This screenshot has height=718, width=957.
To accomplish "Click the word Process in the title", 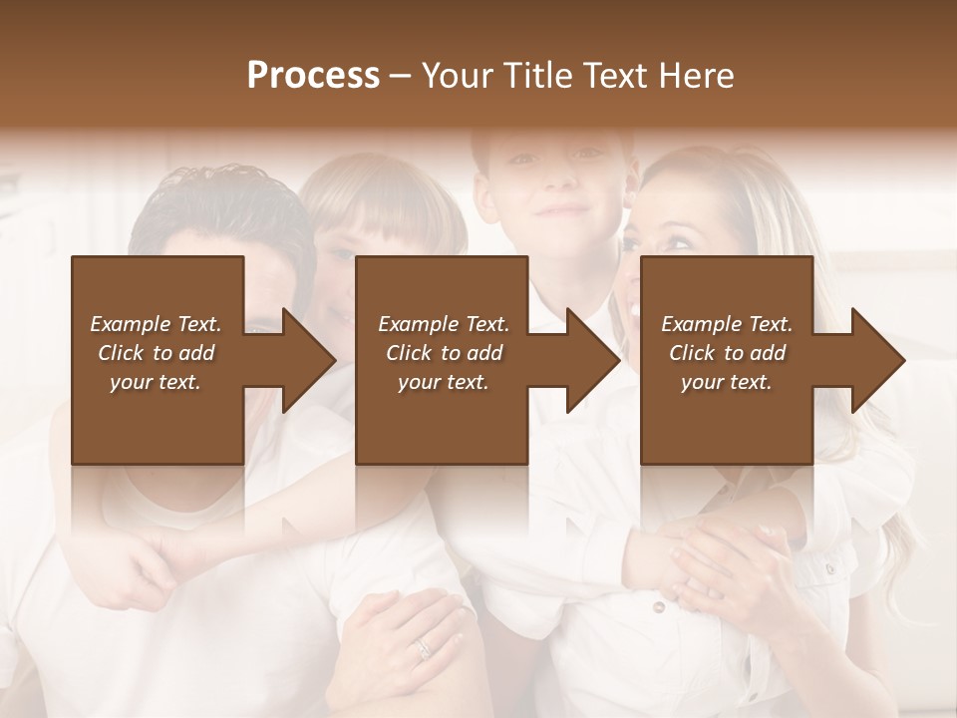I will pyautogui.click(x=313, y=76).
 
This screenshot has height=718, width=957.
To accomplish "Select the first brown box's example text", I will pyautogui.click(x=156, y=353).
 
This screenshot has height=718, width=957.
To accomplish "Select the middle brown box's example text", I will pyautogui.click(x=444, y=353).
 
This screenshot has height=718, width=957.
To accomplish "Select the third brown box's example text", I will pyautogui.click(x=727, y=353).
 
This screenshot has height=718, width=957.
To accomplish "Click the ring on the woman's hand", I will pyautogui.click(x=424, y=647).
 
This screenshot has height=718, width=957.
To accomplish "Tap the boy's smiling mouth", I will pyautogui.click(x=561, y=211).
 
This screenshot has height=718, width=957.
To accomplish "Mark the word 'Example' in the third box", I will pyautogui.click(x=699, y=324).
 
